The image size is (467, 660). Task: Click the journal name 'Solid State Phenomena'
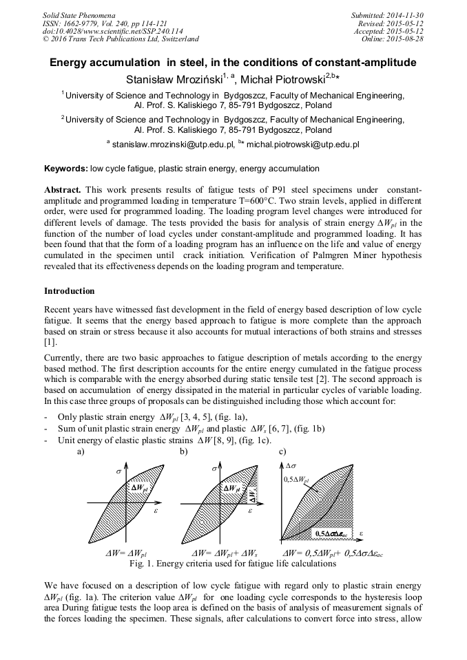click(x=79, y=14)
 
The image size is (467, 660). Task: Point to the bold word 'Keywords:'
click(x=65, y=169)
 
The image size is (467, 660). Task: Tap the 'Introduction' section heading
click(x=70, y=291)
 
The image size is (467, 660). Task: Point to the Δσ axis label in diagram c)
click(x=291, y=466)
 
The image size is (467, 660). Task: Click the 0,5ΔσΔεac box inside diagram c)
click(x=331, y=533)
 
